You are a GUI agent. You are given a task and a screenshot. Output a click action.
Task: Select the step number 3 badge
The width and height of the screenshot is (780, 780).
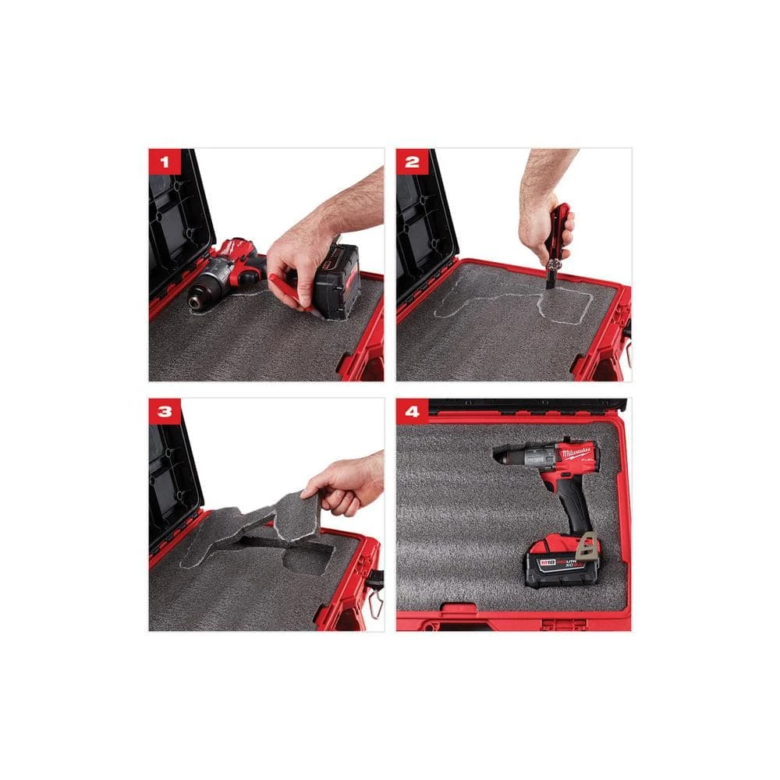165,413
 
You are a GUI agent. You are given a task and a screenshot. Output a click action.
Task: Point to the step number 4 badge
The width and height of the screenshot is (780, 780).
413,413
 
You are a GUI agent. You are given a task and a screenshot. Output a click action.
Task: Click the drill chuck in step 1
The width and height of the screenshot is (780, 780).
202,293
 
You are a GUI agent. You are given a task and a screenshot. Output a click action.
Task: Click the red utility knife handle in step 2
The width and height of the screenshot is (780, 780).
559,231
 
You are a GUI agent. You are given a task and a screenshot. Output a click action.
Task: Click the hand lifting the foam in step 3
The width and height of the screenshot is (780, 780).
343,484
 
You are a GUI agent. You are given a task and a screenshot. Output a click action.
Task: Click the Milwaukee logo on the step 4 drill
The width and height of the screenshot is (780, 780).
573,452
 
